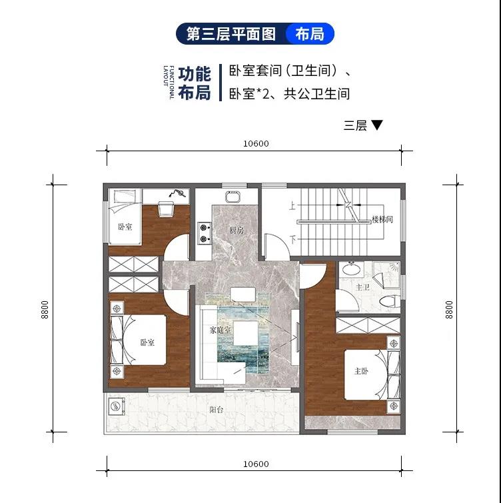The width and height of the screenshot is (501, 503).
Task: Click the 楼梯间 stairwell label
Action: pyautogui.click(x=382, y=219)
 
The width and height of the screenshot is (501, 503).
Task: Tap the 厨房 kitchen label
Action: pyautogui.click(x=237, y=230)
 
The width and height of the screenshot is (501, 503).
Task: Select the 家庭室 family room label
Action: pyautogui.click(x=221, y=330)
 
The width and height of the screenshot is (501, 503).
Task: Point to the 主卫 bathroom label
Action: pyautogui.click(x=362, y=286)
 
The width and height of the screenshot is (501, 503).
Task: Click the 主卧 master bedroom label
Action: pyautogui.click(x=361, y=371)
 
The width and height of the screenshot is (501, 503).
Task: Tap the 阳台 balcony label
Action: pyautogui.click(x=217, y=410)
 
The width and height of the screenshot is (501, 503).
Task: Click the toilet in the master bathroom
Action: pyautogui.click(x=390, y=302)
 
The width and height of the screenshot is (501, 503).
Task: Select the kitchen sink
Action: pyautogui.click(x=233, y=197)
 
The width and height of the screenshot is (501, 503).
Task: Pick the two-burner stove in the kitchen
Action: pyautogui.click(x=204, y=233)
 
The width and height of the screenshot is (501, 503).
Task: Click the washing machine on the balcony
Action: pyautogui.click(x=116, y=407)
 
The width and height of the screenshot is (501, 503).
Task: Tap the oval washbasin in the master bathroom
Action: pyautogui.click(x=352, y=268)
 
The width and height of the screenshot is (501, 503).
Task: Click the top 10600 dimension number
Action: pyautogui.click(x=256, y=143)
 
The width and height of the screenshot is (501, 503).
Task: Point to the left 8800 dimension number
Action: pyautogui.click(x=45, y=310)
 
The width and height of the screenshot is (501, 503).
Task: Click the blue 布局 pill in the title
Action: pyautogui.click(x=310, y=34)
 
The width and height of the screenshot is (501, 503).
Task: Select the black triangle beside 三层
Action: pyautogui.click(x=376, y=125)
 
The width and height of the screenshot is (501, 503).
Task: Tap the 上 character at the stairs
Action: pyautogui.click(x=292, y=205)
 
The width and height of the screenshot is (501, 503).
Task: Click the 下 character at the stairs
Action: pyautogui.click(x=293, y=239)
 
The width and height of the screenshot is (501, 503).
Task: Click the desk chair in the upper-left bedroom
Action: pyautogui.click(x=166, y=209)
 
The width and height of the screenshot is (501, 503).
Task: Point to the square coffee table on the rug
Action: pyautogui.click(x=246, y=332)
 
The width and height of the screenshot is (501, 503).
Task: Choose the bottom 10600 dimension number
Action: pyautogui.click(x=256, y=464)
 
